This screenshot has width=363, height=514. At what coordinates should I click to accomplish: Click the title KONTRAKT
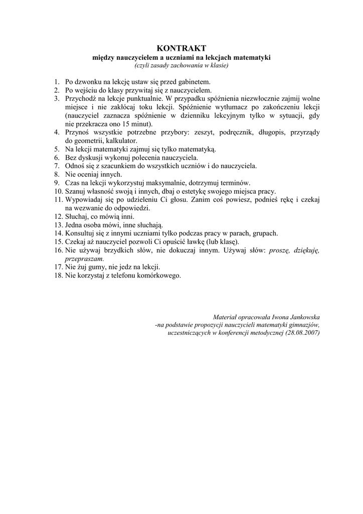click(181, 48)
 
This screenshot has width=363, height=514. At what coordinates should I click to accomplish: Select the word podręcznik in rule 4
click(238, 133)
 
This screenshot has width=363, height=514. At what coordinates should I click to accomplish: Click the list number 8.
click(57, 174)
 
